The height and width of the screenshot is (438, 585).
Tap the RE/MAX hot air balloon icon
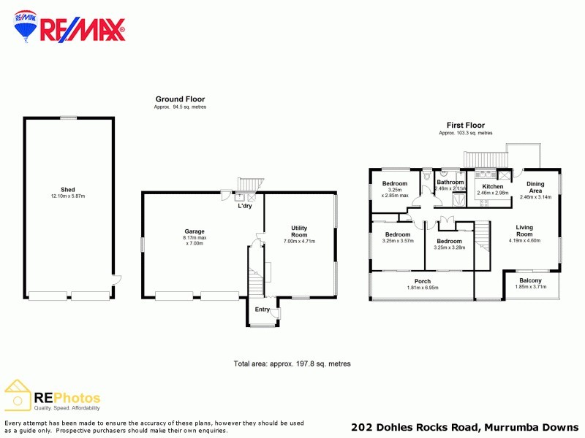click(26, 27)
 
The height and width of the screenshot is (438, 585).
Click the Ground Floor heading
click(180, 99)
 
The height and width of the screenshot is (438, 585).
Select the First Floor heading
click(465, 126)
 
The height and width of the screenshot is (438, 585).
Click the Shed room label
click(68, 190)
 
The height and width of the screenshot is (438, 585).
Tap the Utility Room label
click(299, 231)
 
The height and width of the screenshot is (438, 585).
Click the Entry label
click(262, 310)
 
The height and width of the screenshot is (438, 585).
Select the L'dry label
click(245, 206)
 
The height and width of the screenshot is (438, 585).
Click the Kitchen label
click(492, 187)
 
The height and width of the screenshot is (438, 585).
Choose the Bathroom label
click(450, 182)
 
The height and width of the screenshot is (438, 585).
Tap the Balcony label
click(530, 280)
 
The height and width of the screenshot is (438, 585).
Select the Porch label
click(423, 281)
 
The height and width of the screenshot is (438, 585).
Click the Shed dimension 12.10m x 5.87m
click(68, 196)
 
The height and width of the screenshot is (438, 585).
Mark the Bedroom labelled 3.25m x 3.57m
click(398, 234)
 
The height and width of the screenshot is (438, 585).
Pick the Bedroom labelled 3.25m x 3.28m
click(449, 241)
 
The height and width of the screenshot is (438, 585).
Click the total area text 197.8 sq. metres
click(292, 364)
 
